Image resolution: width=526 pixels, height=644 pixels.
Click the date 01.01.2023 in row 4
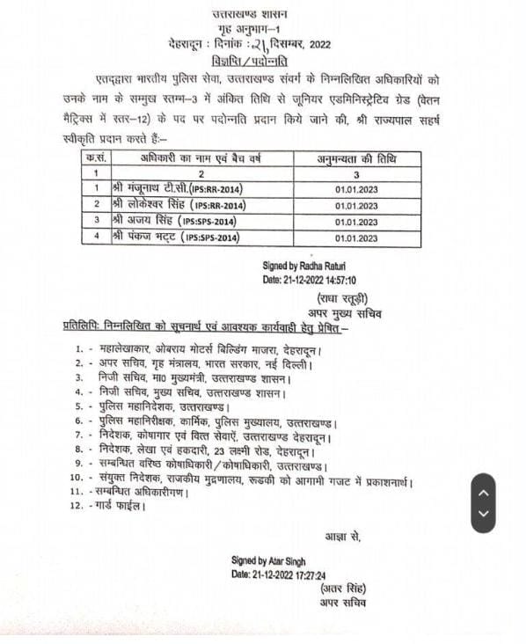click(356, 238)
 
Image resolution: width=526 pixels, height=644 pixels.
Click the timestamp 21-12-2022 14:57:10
click(308, 279)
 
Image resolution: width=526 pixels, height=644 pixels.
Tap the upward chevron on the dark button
click(485, 490)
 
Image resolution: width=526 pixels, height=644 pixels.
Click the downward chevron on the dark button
click(485, 515)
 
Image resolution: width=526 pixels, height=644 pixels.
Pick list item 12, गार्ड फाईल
click(114, 507)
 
